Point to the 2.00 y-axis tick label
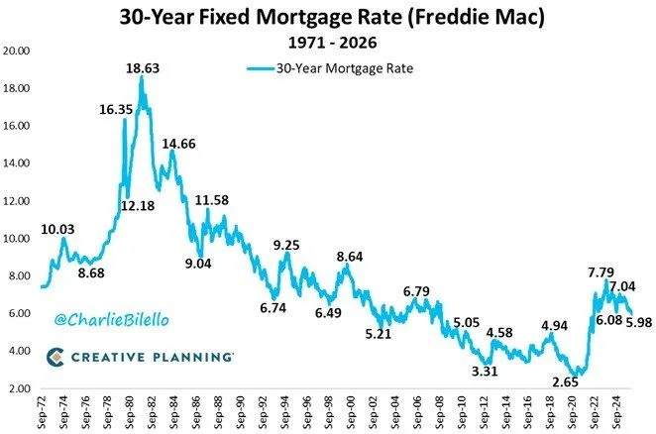point(20,388)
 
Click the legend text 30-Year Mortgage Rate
point(335,68)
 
